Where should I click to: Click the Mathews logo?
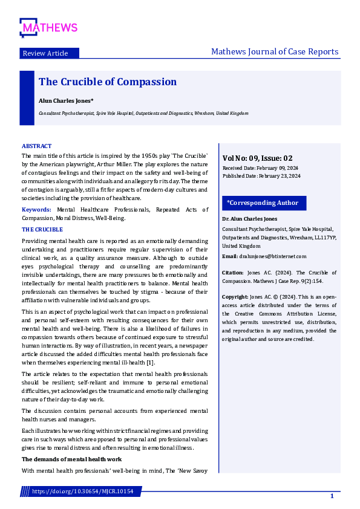48,27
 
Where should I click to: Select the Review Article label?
45,53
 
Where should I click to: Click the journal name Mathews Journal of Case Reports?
275,51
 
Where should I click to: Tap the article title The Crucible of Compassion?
108,82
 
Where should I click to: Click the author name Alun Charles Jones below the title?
66,101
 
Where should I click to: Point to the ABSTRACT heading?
36,146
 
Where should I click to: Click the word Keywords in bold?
36,210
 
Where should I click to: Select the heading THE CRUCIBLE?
42,230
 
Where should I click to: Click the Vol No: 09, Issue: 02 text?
258,157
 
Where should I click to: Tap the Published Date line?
261,176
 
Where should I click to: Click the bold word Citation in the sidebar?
233,273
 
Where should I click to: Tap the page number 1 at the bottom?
332,496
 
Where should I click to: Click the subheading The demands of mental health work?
71,460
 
